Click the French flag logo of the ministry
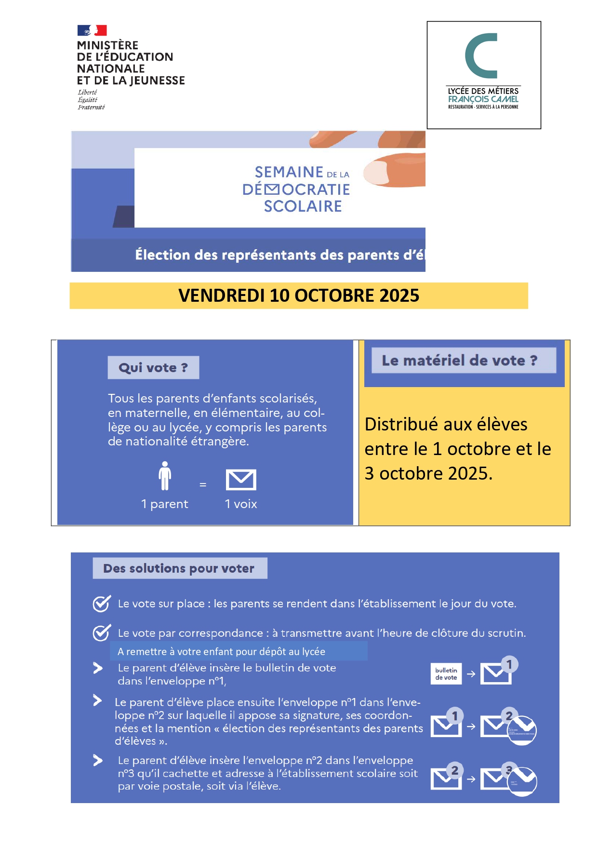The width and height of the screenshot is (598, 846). point(92,30)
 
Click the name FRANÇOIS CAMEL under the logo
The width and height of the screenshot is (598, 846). point(483,99)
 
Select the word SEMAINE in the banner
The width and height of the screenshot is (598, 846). point(289,172)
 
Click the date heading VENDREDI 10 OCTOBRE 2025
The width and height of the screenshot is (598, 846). point(299,295)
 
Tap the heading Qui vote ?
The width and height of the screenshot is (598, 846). point(153,368)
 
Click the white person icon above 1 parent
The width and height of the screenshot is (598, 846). point(165,476)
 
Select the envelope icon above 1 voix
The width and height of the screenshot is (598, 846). point(241,480)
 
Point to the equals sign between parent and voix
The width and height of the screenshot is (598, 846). point(203,484)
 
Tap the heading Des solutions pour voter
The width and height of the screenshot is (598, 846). point(179,568)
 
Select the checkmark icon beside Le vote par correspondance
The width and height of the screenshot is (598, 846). point(101,632)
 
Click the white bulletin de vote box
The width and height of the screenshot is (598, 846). point(446,673)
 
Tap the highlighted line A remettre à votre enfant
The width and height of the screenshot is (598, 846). point(222,652)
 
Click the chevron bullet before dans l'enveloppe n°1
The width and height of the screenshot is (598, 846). point(98,668)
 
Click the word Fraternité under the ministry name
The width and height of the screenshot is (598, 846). point(91,107)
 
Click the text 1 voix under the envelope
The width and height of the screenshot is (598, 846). point(241,504)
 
